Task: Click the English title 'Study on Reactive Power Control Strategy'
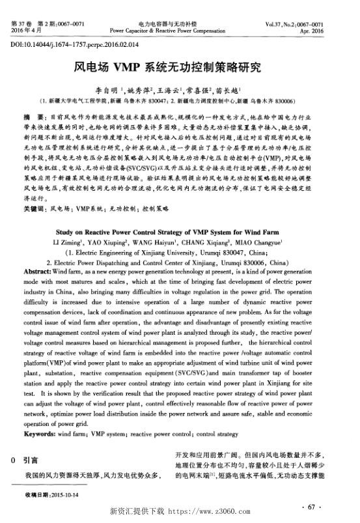click(x=179, y=231)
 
